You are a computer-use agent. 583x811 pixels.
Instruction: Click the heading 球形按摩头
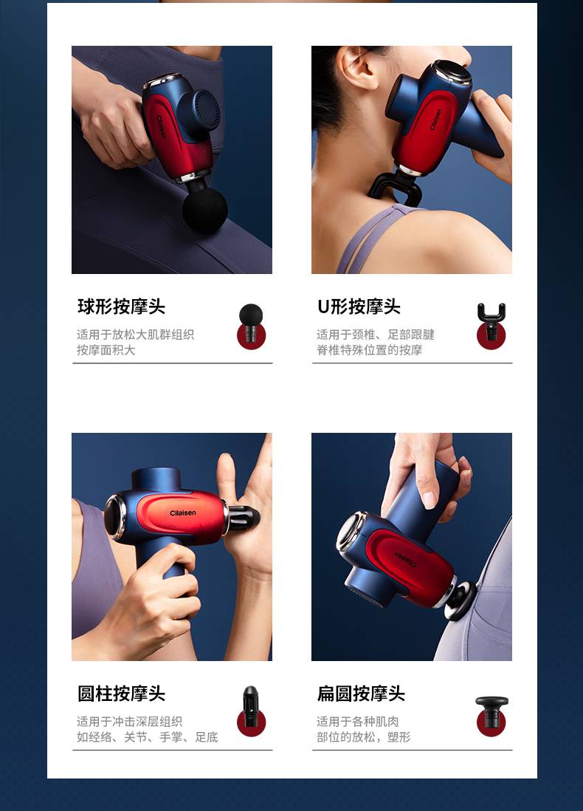coord(122,307)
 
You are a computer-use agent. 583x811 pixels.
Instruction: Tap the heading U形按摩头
coord(359,307)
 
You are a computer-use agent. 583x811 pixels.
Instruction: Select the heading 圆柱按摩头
coord(122,694)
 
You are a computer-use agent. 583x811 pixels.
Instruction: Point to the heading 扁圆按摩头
coord(361,694)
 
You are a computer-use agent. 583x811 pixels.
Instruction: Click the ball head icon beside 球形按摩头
coord(251,326)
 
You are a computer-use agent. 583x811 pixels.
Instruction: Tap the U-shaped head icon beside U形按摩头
coord(491,326)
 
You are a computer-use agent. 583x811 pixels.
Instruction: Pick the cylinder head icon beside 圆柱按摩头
coord(251,711)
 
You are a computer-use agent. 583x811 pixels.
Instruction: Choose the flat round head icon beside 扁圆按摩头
coord(491,716)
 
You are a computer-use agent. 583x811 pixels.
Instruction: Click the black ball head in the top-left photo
coord(204,210)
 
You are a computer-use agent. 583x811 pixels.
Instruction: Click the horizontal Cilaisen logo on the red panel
coord(183,513)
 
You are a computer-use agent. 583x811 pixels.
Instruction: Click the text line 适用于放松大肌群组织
coord(135,335)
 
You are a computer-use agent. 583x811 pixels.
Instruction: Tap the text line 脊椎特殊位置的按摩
coord(370,350)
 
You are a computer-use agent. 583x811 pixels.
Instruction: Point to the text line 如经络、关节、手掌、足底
coord(148,737)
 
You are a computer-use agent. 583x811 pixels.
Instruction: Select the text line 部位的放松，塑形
coord(364,737)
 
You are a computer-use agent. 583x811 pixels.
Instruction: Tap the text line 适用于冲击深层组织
coord(130,722)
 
